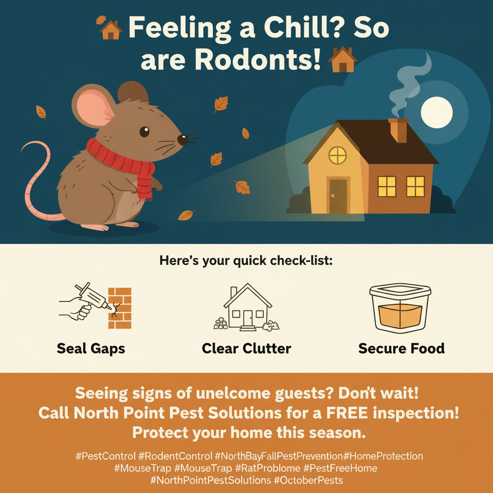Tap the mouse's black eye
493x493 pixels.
pos(144,132)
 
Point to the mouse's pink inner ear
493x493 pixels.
pos(94,106)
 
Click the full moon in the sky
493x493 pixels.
pos(436,112)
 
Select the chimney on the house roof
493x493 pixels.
pos(399,130)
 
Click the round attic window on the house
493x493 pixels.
pos(337,156)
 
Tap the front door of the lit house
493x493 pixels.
pos(338,196)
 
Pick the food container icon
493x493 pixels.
pos(400,308)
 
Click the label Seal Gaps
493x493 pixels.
pos(91,349)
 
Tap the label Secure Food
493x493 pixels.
pos(402,349)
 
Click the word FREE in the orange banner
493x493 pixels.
pos(347,413)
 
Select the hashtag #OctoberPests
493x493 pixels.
pos(308,480)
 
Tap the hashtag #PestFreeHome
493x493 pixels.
pos(340,468)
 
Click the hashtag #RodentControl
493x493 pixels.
pos(175,456)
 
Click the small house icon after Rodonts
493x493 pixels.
pos(342,59)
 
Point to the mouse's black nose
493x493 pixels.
pos(182,140)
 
